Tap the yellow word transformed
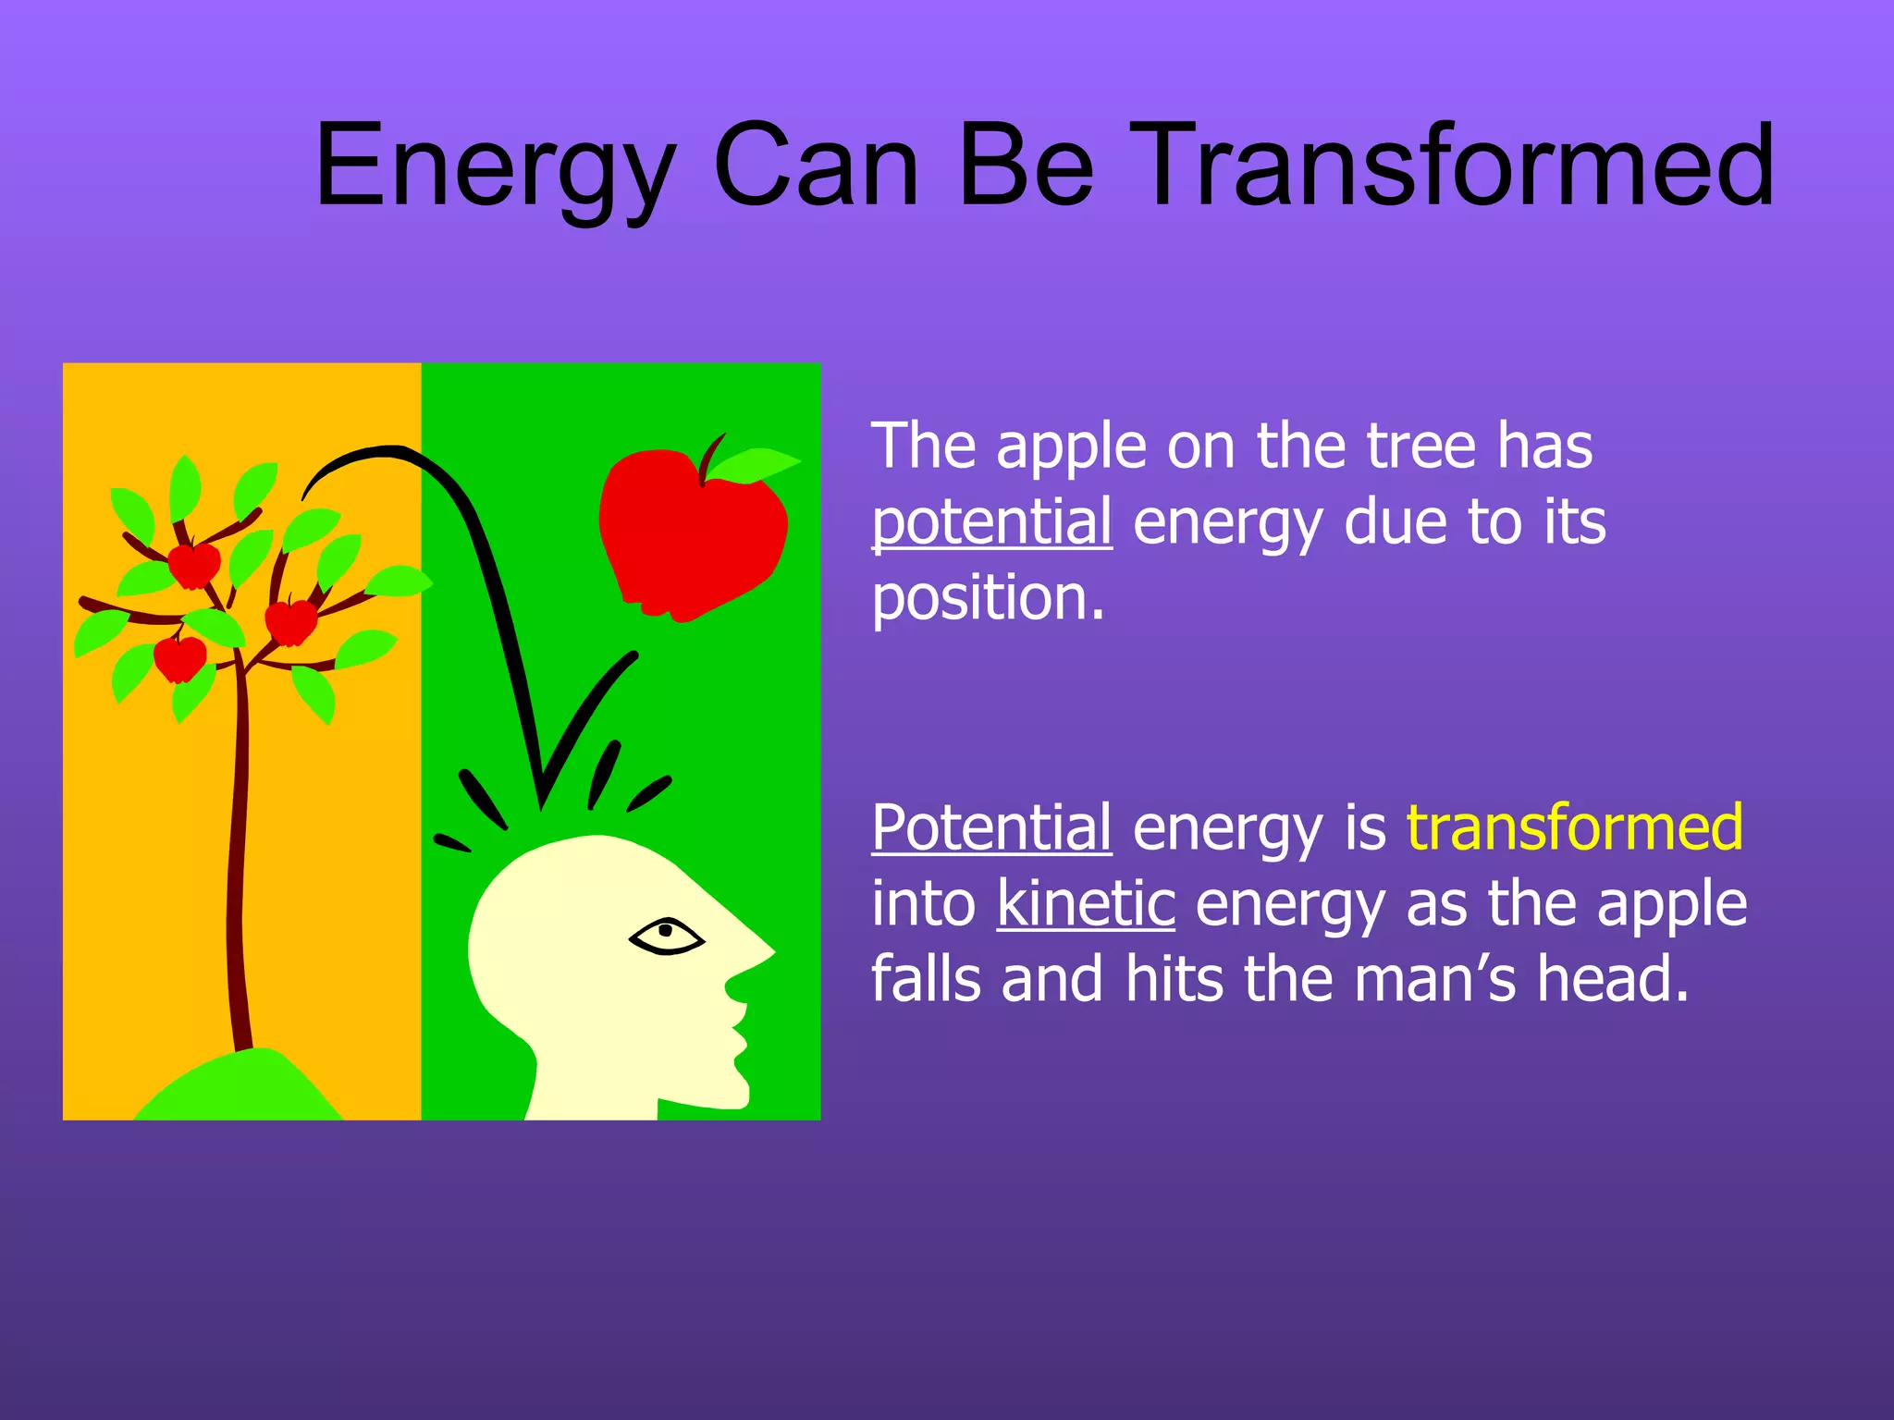click(1574, 826)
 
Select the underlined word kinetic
click(1086, 903)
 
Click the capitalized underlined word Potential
click(991, 826)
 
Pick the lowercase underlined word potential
click(991, 522)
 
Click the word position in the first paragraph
click(988, 598)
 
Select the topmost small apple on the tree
click(194, 565)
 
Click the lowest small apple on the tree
click(179, 659)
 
